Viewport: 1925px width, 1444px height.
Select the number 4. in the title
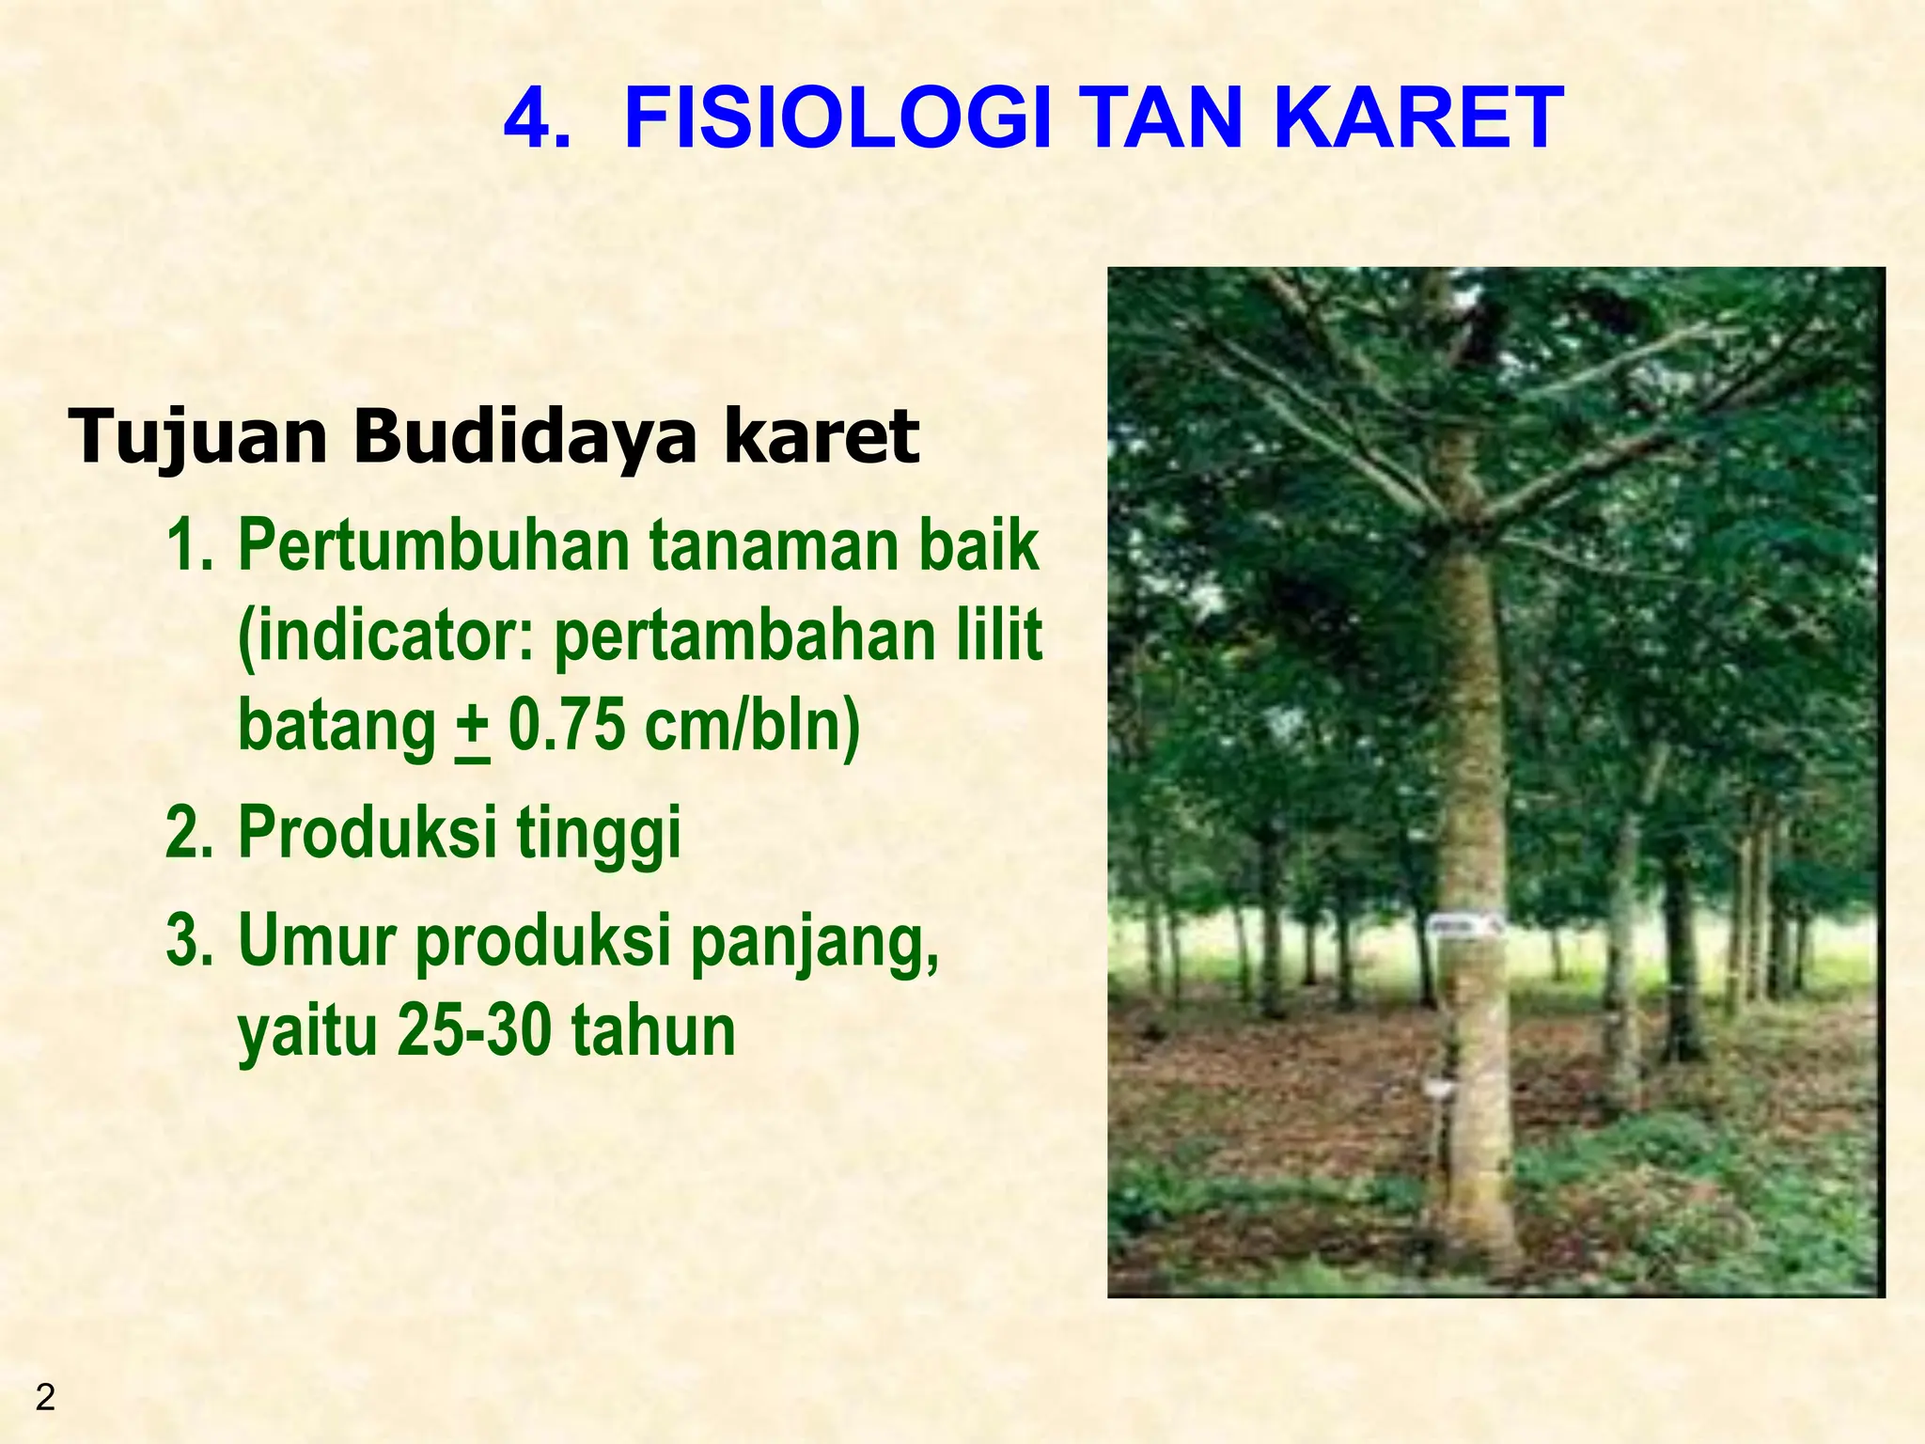[537, 118]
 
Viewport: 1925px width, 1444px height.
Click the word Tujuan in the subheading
[197, 437]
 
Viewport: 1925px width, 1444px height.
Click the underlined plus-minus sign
[472, 727]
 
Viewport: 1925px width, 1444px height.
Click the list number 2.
[189, 833]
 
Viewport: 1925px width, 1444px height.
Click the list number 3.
[189, 940]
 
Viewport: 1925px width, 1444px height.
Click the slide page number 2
[44, 1398]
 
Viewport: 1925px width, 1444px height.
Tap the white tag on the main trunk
[1462, 927]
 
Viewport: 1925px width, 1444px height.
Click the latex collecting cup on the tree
[1435, 1088]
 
